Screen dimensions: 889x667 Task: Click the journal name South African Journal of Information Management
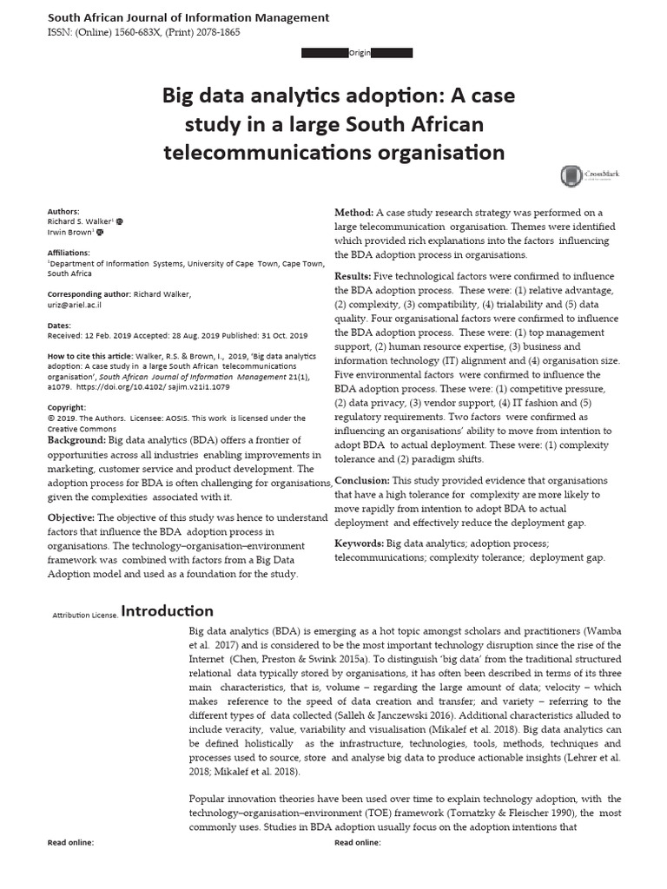(188, 17)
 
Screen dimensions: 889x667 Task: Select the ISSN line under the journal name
(144, 32)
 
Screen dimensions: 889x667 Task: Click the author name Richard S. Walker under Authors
(79, 221)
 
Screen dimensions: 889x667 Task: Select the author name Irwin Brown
(70, 233)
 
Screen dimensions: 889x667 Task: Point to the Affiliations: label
(69, 252)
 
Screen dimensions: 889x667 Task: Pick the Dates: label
(59, 325)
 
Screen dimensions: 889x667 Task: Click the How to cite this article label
(90, 356)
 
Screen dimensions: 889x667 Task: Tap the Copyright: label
(66, 407)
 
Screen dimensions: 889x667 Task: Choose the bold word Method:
(354, 213)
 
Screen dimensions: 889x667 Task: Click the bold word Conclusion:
(362, 480)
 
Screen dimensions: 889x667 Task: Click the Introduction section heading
(167, 611)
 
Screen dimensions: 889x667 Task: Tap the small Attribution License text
(85, 615)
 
